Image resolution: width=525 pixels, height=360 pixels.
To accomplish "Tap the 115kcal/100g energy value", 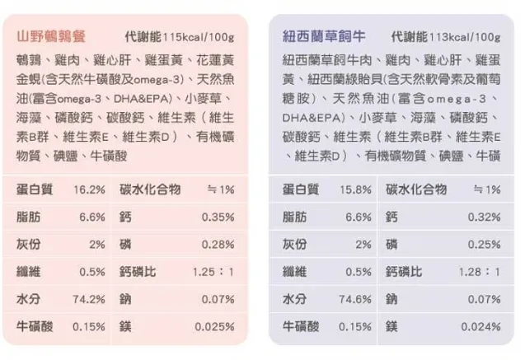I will tap(198, 38).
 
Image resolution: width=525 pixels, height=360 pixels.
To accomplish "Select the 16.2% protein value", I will tap(89, 189).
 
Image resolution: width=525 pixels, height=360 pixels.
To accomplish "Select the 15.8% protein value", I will tap(356, 189).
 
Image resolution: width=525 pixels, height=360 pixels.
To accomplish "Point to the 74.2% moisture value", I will tap(89, 299).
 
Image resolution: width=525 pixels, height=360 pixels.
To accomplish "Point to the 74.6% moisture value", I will tap(356, 299).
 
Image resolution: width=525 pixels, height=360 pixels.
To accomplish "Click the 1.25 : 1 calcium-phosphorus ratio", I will tap(213, 272).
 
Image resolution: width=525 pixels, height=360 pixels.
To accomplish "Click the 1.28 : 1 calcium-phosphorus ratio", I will tap(479, 272).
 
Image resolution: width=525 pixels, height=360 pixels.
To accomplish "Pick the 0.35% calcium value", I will tap(218, 217).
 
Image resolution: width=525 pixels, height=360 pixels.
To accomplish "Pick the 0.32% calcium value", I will tap(484, 217).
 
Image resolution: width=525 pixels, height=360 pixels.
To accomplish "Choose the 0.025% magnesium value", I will tap(215, 326).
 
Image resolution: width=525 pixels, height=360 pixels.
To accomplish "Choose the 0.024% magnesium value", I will tap(481, 326).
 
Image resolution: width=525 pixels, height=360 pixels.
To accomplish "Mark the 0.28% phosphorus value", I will tap(218, 245).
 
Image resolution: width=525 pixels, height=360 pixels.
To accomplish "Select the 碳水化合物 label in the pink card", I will tap(150, 189).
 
